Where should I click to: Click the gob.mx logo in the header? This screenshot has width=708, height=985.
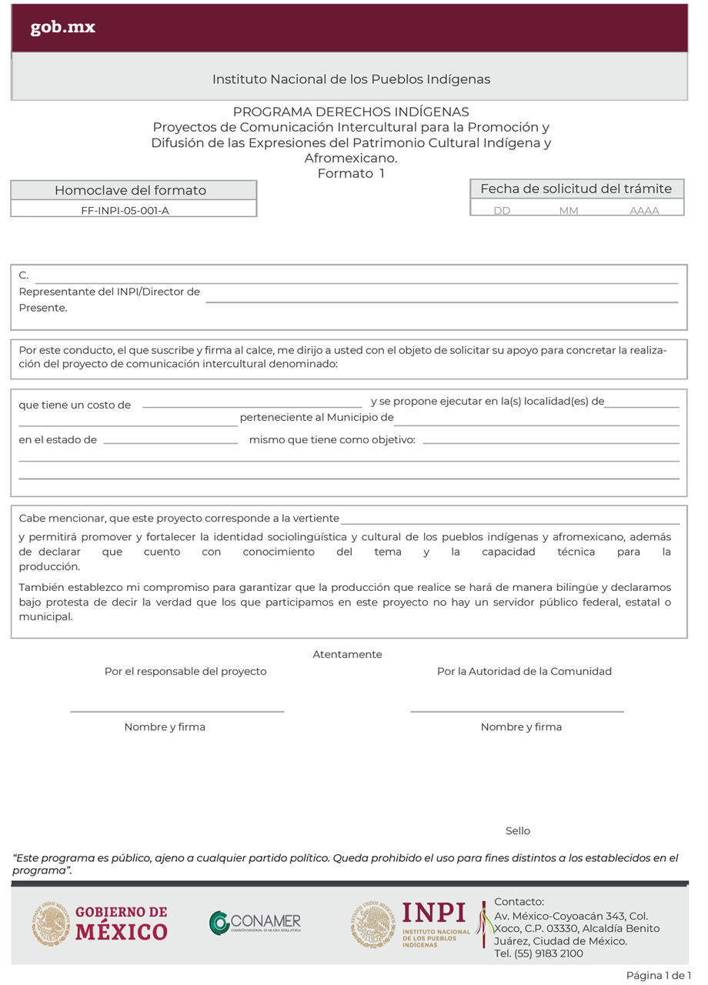(63, 28)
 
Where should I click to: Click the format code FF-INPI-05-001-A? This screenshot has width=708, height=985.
(125, 209)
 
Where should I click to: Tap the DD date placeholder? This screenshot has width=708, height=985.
(502, 210)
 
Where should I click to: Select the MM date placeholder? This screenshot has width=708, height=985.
(569, 210)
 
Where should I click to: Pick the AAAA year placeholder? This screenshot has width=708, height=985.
(644, 210)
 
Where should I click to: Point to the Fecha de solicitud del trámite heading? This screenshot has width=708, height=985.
(576, 189)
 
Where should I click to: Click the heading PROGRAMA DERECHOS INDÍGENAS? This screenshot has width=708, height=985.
(351, 112)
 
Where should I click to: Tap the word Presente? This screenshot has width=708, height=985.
(43, 308)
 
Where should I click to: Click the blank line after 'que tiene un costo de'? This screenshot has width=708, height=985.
(252, 406)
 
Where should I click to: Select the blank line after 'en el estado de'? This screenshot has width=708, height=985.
(170, 442)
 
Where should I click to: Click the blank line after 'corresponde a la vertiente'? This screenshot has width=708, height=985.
(509, 523)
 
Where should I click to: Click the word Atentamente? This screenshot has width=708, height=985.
(347, 654)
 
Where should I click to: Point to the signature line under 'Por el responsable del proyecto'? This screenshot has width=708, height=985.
(177, 711)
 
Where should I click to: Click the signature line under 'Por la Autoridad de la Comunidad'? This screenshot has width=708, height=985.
(516, 711)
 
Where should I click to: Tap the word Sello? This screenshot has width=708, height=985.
(518, 831)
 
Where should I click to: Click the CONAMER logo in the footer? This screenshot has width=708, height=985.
(255, 922)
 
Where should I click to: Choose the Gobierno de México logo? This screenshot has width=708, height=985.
(100, 923)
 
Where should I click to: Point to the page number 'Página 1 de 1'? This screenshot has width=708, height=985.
(658, 976)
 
